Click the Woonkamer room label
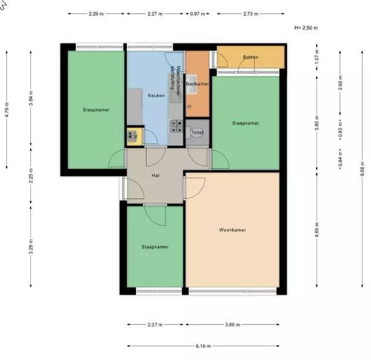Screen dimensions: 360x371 (x=232, y=230)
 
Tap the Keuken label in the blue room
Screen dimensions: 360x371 (x=156, y=96)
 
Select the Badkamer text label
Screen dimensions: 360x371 (x=197, y=84)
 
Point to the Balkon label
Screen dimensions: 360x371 (x=250, y=57)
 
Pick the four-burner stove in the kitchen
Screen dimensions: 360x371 (x=176, y=126)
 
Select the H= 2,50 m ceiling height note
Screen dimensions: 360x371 (x=305, y=28)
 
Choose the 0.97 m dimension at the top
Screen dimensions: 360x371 (x=197, y=13)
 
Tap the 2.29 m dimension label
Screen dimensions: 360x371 (x=94, y=13)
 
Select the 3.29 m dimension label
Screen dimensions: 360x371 (x=31, y=246)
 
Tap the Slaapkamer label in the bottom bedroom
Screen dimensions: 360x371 (x=155, y=247)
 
